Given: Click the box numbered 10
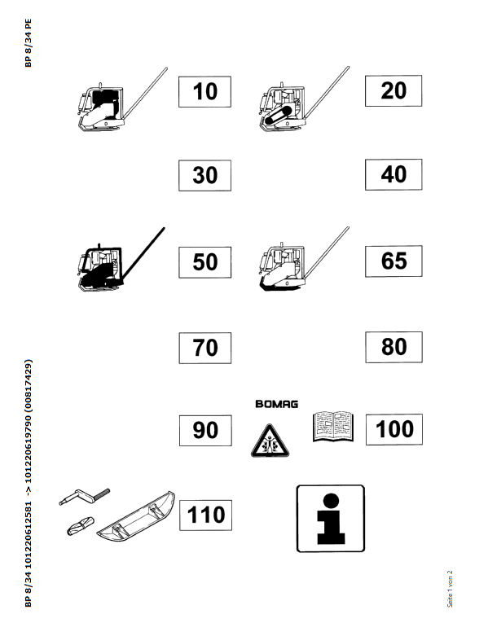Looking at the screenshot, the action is pyautogui.click(x=204, y=92).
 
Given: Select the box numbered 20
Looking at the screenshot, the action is pyautogui.click(x=393, y=91).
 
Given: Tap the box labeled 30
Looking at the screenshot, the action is pyautogui.click(x=204, y=175).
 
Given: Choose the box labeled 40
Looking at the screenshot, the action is pyautogui.click(x=393, y=174).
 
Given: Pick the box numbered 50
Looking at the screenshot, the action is pyautogui.click(x=204, y=262).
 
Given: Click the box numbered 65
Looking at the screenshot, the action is pyautogui.click(x=393, y=261).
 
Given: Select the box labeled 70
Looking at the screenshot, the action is pyautogui.click(x=205, y=348).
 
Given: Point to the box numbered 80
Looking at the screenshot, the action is pyautogui.click(x=393, y=347).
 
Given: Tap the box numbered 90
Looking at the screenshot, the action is pyautogui.click(x=205, y=430).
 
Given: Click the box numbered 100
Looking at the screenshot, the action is pyautogui.click(x=394, y=429).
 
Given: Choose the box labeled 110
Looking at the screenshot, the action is pyautogui.click(x=205, y=515).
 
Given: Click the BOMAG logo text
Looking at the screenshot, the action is pyautogui.click(x=277, y=404).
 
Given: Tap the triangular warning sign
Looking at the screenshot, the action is pyautogui.click(x=270, y=441).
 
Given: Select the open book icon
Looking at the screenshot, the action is pyautogui.click(x=333, y=426).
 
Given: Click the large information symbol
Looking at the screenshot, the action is pyautogui.click(x=331, y=519).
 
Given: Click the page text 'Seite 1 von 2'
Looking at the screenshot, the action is pyautogui.click(x=450, y=589).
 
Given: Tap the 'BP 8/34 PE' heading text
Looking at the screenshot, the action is pyautogui.click(x=28, y=43).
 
